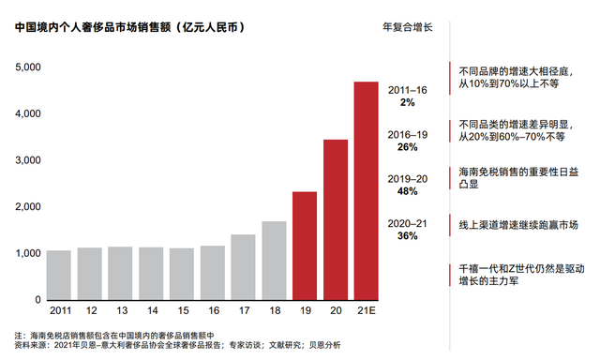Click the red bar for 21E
coord(365,191)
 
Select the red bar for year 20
coord(335,219)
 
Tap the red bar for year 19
coord(304,246)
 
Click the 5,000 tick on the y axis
coord(27,67)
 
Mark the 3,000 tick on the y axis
coord(27,160)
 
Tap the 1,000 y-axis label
coord(27,253)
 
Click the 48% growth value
coord(407,191)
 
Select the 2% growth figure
coord(407,101)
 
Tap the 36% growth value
coord(407,236)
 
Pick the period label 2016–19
coord(407,135)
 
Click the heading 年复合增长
coord(407,27)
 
